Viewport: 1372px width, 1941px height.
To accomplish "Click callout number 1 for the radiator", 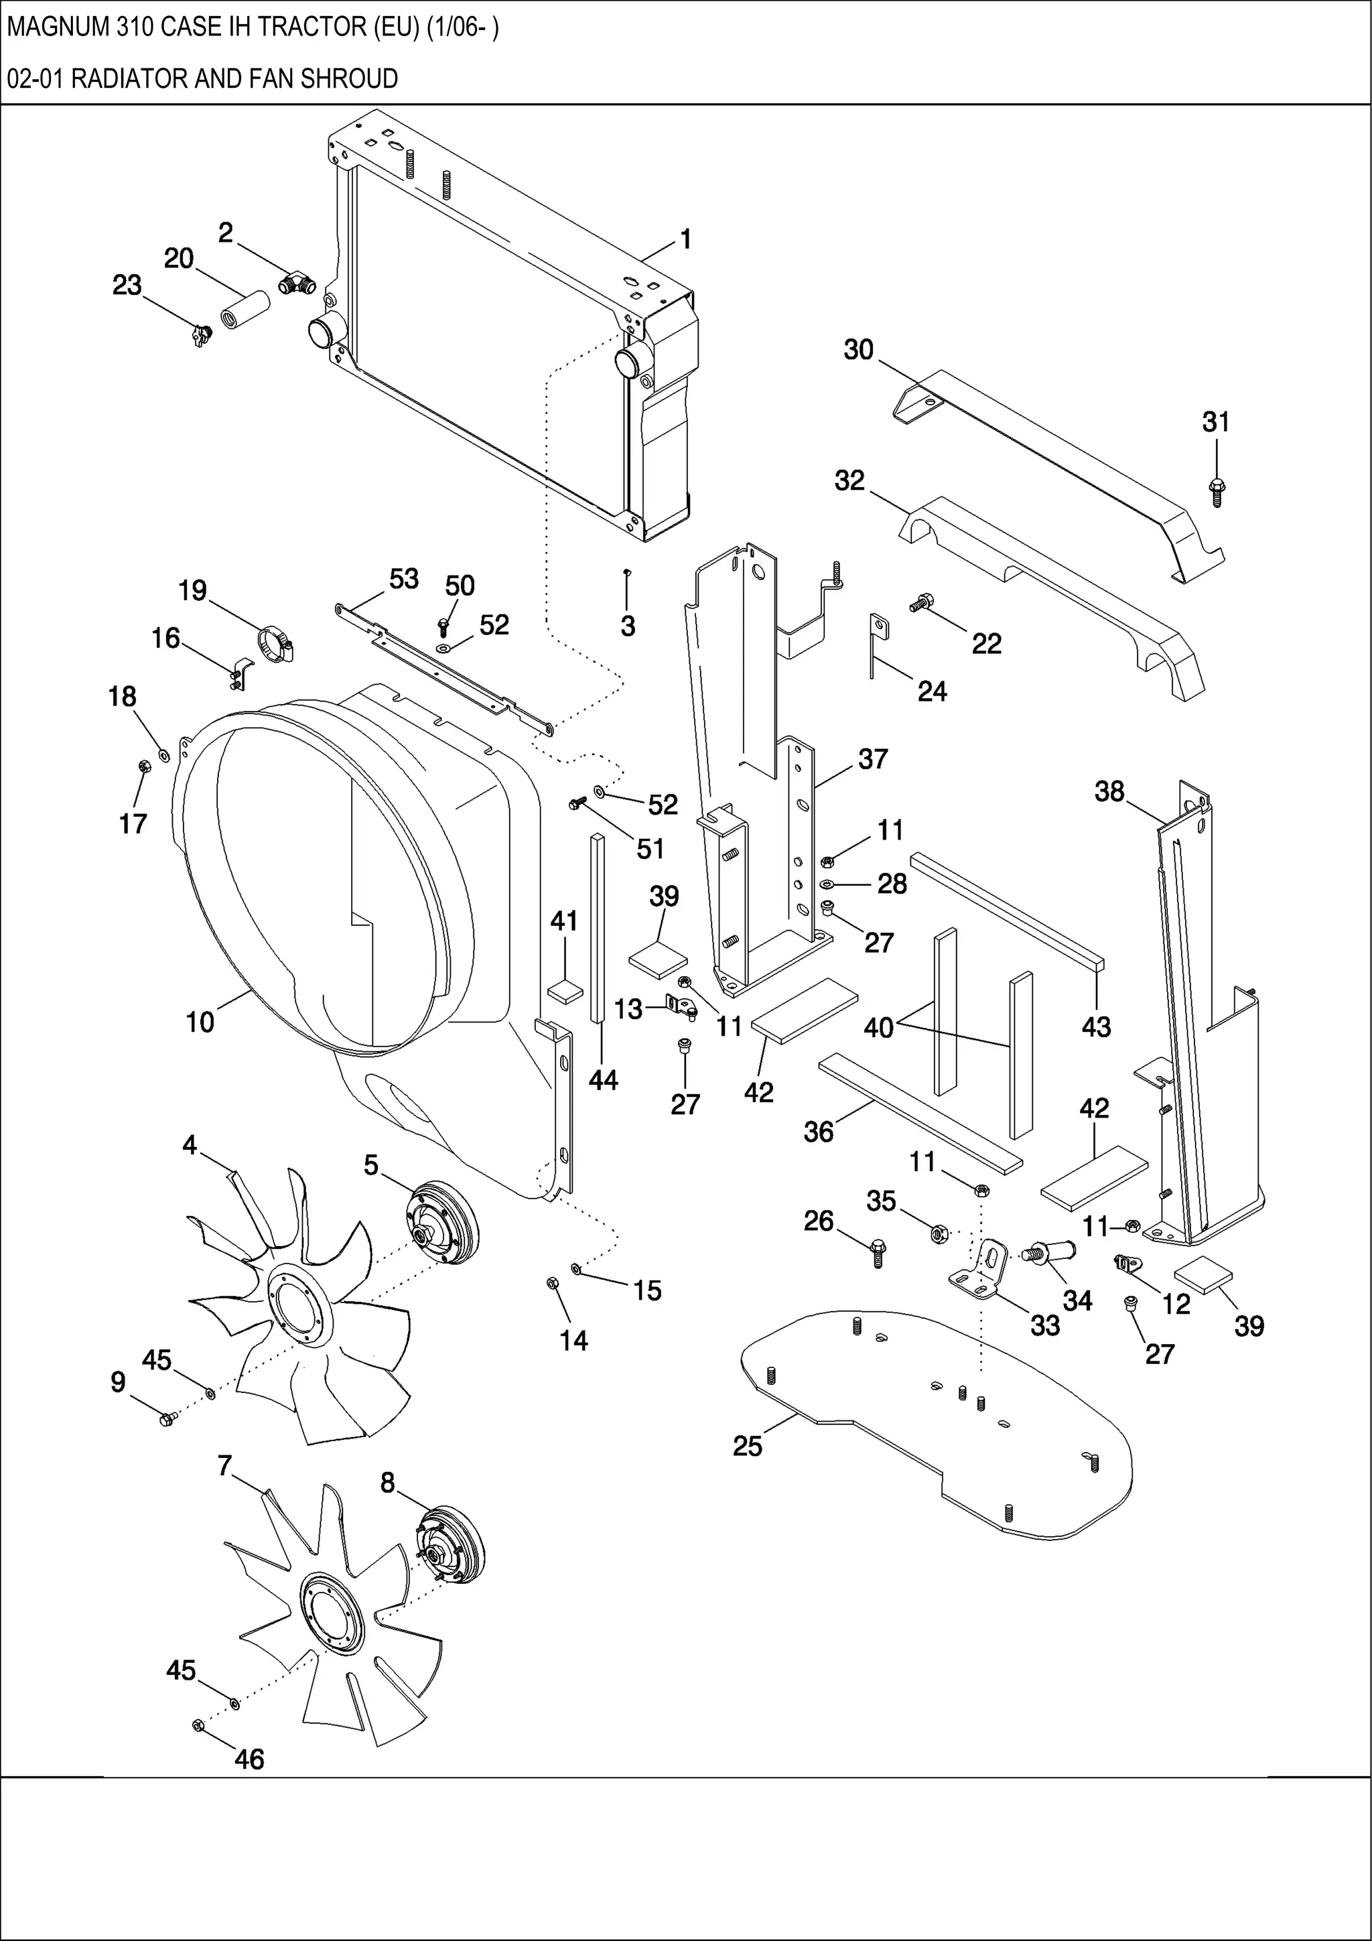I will coord(685,240).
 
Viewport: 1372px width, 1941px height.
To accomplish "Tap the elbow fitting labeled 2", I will coord(297,283).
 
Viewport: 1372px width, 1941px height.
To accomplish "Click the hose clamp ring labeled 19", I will coord(275,646).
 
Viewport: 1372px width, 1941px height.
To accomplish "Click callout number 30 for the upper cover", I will coord(858,350).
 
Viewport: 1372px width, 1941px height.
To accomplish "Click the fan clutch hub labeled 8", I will coord(452,1544).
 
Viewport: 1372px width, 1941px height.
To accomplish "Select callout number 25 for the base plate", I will coord(747,1446).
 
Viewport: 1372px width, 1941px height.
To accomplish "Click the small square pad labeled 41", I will coord(565,991).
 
